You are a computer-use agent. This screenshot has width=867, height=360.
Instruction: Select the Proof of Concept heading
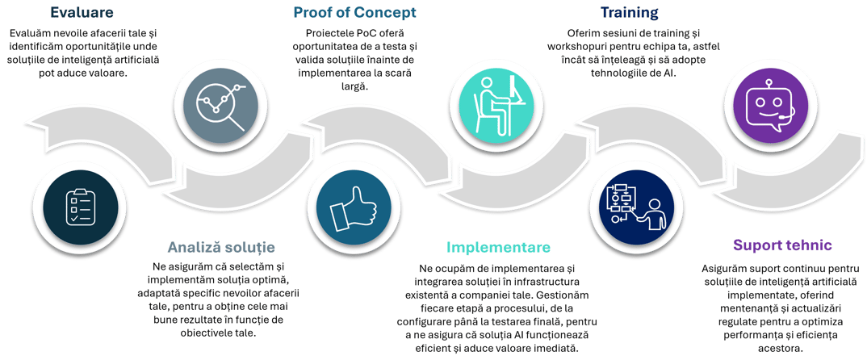point(354,13)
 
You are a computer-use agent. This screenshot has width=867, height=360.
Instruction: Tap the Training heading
point(630,13)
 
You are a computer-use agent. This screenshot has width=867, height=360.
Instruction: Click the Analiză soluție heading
point(222,246)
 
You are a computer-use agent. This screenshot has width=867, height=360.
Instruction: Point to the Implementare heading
point(498,246)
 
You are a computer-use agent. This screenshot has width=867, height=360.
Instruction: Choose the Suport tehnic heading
point(783,245)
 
